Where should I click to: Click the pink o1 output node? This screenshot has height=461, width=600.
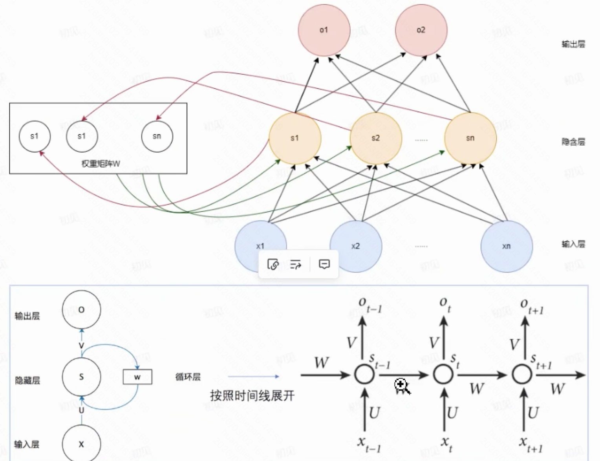coord(324,30)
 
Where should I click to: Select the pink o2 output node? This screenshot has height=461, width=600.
coord(421,30)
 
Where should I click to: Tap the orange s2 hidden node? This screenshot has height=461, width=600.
coord(376,138)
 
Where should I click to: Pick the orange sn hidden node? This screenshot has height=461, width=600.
coord(470,138)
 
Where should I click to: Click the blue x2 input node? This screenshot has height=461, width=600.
coord(355,246)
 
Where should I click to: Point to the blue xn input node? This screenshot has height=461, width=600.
coord(507,246)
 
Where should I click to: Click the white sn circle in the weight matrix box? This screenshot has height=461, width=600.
coord(157,136)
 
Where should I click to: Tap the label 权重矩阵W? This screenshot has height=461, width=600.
coord(101,163)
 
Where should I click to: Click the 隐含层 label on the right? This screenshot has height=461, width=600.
coord(573,142)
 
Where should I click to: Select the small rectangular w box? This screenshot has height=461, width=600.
coord(137,377)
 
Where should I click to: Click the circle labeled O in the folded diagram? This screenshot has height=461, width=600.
coord(81,309)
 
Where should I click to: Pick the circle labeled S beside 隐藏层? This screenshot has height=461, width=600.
coord(81,377)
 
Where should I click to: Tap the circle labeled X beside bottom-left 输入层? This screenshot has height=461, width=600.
coord(81,444)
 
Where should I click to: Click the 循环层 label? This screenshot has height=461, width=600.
coord(188,377)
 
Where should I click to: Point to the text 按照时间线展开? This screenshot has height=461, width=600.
coord(252,395)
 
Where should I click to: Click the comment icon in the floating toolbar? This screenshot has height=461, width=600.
coord(324,264)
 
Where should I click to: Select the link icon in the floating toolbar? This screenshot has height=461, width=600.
coord(273,264)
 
